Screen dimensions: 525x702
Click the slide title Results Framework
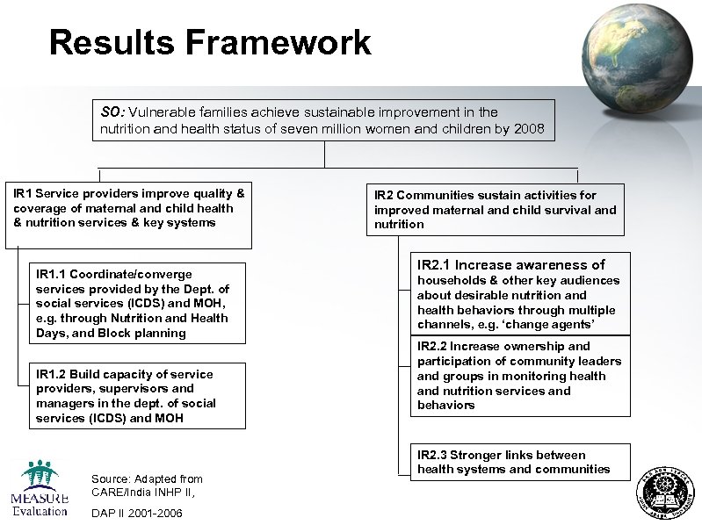(210, 42)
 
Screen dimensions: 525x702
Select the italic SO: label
(112, 112)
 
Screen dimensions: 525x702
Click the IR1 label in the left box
(23, 193)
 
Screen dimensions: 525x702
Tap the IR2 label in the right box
(384, 195)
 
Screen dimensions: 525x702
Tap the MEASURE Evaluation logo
(40, 489)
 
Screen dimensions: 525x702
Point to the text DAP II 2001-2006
(136, 513)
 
